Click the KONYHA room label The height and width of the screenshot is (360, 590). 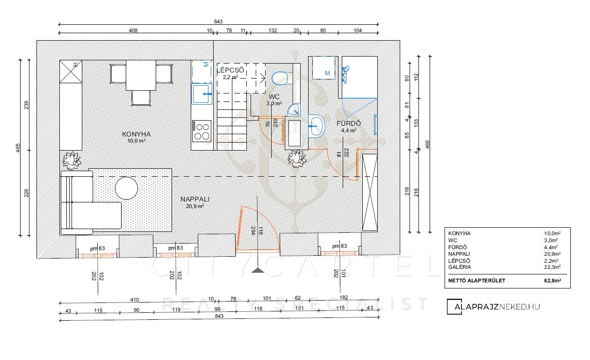click(136, 134)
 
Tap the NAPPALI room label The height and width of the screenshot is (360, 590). click(195, 199)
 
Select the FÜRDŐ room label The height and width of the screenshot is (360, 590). click(349, 123)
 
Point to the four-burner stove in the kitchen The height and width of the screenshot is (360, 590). click(202, 131)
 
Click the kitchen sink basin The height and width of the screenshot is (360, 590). click(202, 94)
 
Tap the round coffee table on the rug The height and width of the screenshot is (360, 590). click(126, 188)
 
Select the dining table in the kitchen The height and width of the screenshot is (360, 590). click(141, 75)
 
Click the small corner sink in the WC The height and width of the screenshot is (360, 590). click(294, 109)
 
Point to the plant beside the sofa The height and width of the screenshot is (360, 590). click(71, 160)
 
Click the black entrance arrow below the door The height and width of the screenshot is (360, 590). click(258, 270)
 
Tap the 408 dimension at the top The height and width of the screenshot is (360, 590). click(133, 30)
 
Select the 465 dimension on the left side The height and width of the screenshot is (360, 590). click(18, 148)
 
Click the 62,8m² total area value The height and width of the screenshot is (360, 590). click(552, 281)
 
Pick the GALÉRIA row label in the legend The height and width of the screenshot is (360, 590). click(460, 267)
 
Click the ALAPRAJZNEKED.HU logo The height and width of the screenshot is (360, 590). click(493, 307)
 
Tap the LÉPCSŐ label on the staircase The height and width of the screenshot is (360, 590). click(230, 70)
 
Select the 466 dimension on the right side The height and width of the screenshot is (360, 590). click(427, 144)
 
